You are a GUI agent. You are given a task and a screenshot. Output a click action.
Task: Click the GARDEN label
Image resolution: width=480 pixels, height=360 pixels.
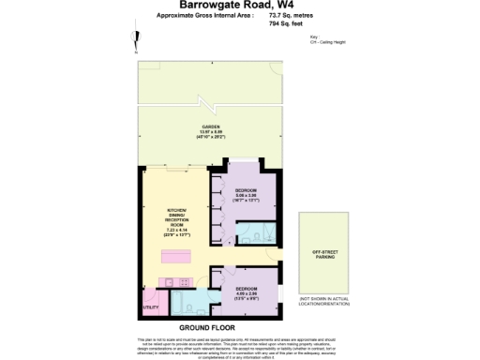[x=210, y=129]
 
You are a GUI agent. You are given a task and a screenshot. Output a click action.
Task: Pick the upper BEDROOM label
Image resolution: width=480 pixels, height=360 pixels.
[x=246, y=195]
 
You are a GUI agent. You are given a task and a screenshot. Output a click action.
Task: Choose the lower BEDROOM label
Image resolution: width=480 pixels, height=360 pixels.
[x=246, y=292]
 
